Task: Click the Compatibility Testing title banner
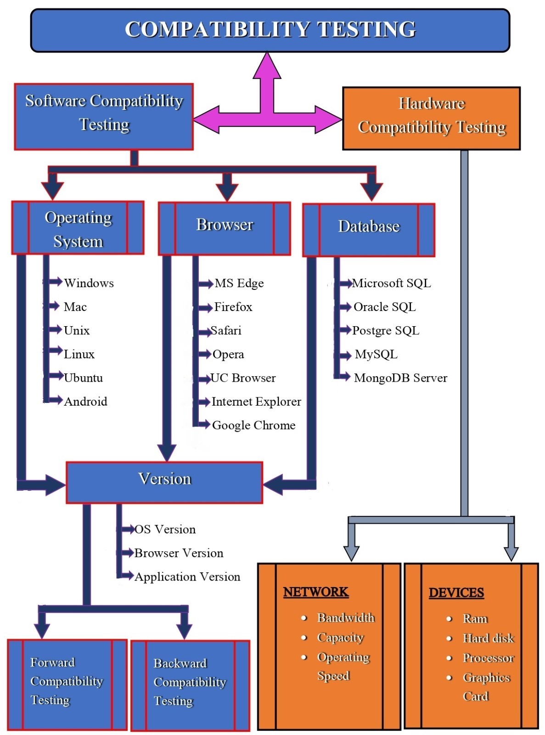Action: (270, 30)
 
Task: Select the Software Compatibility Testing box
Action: (104, 116)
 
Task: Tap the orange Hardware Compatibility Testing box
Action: (431, 118)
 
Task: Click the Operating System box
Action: (78, 228)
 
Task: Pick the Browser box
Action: (225, 228)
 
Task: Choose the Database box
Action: (369, 230)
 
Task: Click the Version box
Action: (164, 482)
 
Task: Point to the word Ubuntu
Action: (83, 378)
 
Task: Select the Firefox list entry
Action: (233, 307)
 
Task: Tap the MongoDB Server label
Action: (400, 378)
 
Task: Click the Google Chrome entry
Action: (253, 425)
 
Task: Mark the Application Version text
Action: (187, 577)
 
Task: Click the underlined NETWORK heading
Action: (316, 592)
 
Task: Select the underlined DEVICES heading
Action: (456, 593)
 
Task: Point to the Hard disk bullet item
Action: (488, 638)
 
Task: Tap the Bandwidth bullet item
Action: (346, 618)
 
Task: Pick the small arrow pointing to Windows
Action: (56, 282)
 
